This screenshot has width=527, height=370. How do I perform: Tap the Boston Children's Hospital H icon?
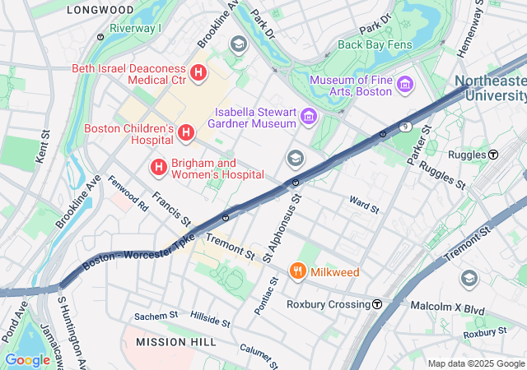click(x=186, y=132)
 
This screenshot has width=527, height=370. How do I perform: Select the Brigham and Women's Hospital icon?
click(x=158, y=168)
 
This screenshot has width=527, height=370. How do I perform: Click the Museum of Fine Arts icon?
click(x=404, y=85)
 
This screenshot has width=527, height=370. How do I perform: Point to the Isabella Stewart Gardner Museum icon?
click(x=309, y=117)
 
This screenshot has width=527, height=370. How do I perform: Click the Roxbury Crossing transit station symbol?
click(x=377, y=304)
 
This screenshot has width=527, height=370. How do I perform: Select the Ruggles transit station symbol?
click(x=493, y=155)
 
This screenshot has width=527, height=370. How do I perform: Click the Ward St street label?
click(x=363, y=203)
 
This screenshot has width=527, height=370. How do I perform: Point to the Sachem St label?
click(x=156, y=315)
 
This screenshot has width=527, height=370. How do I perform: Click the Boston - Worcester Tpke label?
click(x=139, y=251)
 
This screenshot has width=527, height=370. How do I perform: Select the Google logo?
click(x=27, y=359)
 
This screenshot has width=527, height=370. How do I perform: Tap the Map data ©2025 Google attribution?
click(x=476, y=363)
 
